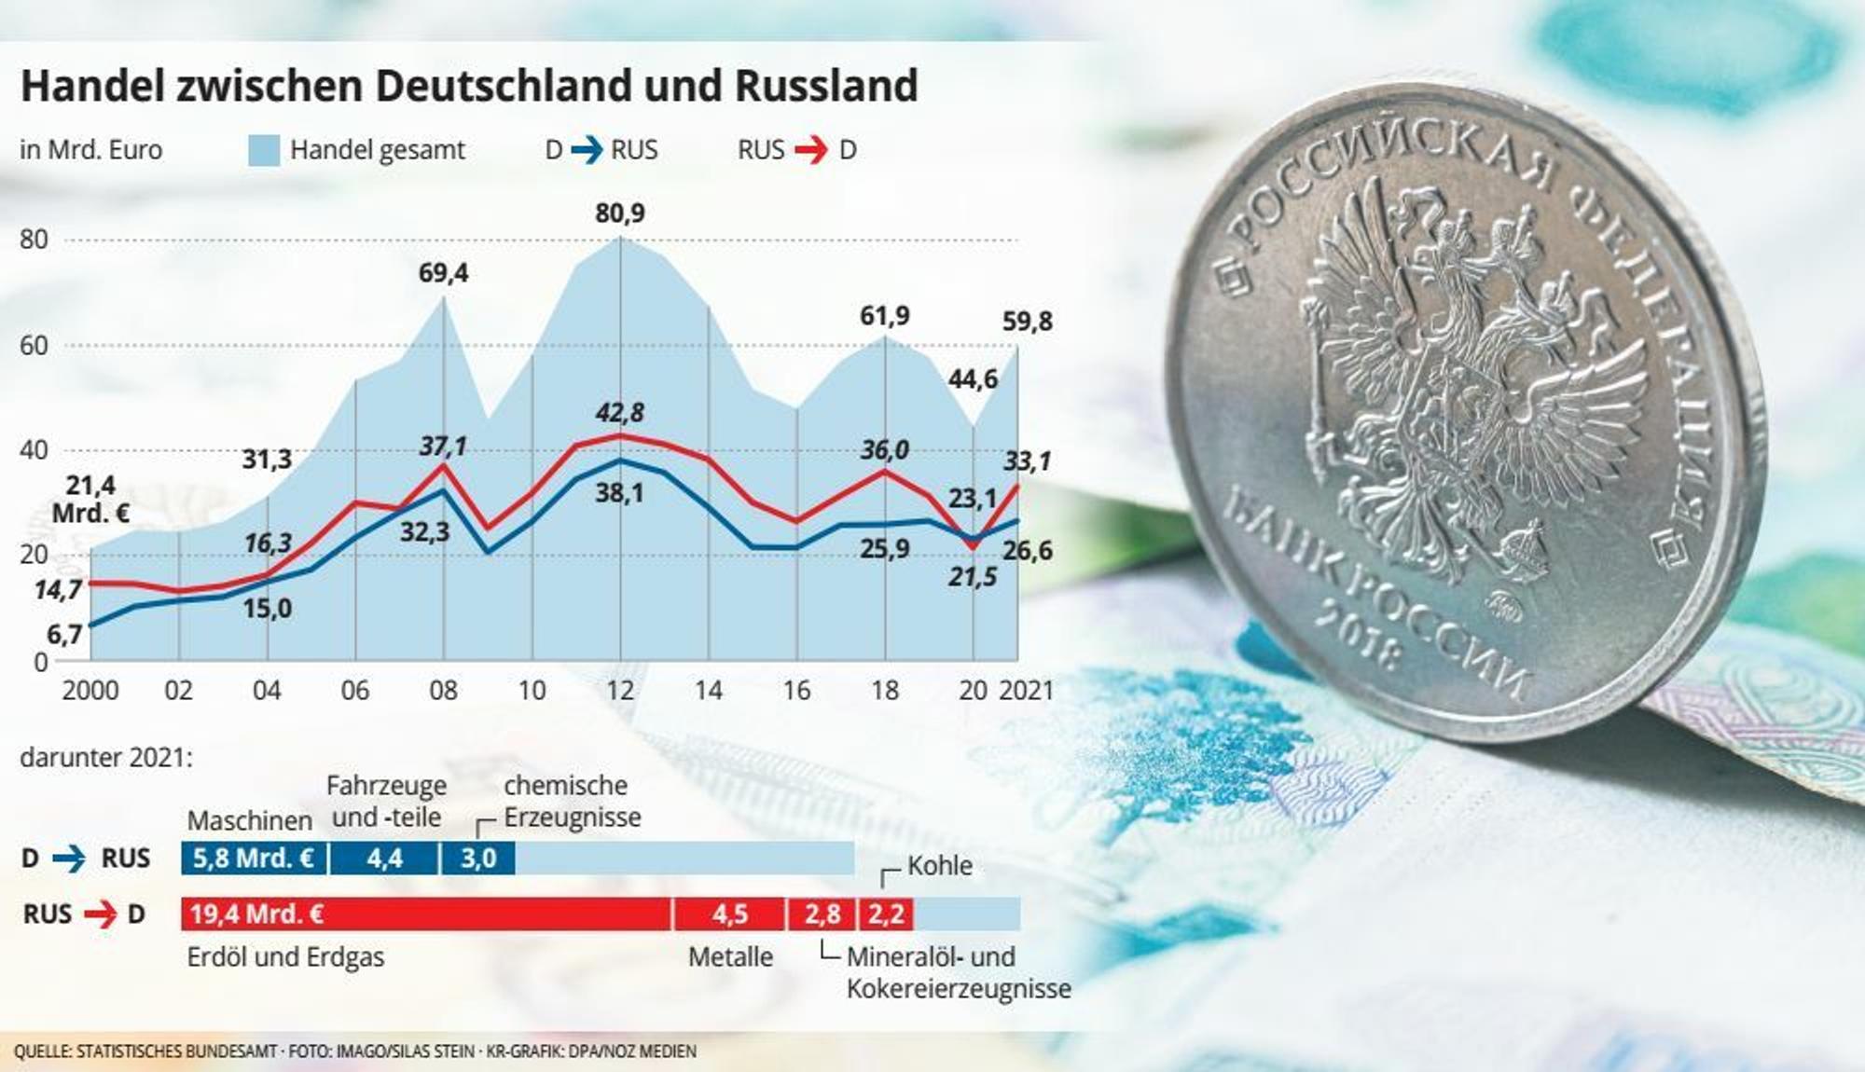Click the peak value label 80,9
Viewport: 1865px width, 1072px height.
click(620, 213)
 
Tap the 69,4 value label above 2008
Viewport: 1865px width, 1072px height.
click(443, 273)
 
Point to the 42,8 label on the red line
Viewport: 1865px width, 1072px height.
click(620, 412)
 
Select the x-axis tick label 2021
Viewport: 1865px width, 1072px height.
click(1027, 691)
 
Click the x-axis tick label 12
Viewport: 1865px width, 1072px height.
click(620, 691)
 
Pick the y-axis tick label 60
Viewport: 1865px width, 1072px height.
click(34, 346)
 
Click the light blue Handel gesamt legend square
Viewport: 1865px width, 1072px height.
click(264, 150)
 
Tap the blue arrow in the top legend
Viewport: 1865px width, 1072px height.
click(587, 150)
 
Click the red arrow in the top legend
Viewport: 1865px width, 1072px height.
click(811, 150)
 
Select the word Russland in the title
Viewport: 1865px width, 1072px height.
click(826, 86)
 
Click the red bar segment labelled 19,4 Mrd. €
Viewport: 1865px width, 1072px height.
click(426, 914)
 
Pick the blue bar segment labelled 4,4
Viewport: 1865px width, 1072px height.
click(383, 858)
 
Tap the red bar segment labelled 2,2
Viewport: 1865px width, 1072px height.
click(886, 914)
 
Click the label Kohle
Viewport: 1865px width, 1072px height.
click(940, 866)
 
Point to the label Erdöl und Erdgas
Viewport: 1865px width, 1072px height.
click(285, 957)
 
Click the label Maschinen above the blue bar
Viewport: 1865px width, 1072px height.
click(250, 820)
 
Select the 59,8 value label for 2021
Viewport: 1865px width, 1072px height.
click(1028, 322)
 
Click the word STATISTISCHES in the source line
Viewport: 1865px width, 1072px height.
click(177, 1051)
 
